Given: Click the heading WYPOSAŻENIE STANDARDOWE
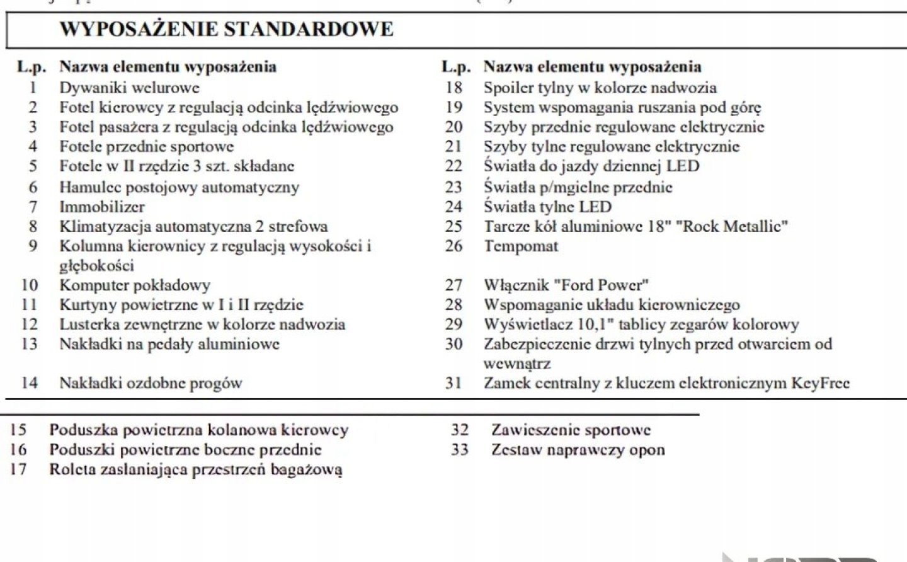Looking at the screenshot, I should click(226, 29).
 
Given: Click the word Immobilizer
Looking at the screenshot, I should click(102, 207).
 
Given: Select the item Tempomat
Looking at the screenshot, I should click(521, 246).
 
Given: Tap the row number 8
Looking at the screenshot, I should click(33, 226).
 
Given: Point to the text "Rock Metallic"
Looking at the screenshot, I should click(731, 226).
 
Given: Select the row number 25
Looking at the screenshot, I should click(453, 226).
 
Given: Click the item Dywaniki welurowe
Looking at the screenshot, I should click(129, 88).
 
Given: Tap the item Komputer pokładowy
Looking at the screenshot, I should click(135, 285).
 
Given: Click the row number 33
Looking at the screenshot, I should click(460, 450).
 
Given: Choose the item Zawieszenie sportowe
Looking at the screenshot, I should click(571, 430).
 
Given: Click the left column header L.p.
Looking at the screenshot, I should click(31, 67).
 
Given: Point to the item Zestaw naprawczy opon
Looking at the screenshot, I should click(578, 450).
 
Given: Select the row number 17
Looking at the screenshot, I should click(18, 469).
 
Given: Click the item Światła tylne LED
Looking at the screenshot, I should click(547, 207).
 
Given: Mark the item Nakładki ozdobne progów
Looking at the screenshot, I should click(151, 382).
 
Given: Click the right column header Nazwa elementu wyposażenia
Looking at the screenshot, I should click(592, 67).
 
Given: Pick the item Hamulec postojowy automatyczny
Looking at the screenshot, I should click(179, 187).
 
